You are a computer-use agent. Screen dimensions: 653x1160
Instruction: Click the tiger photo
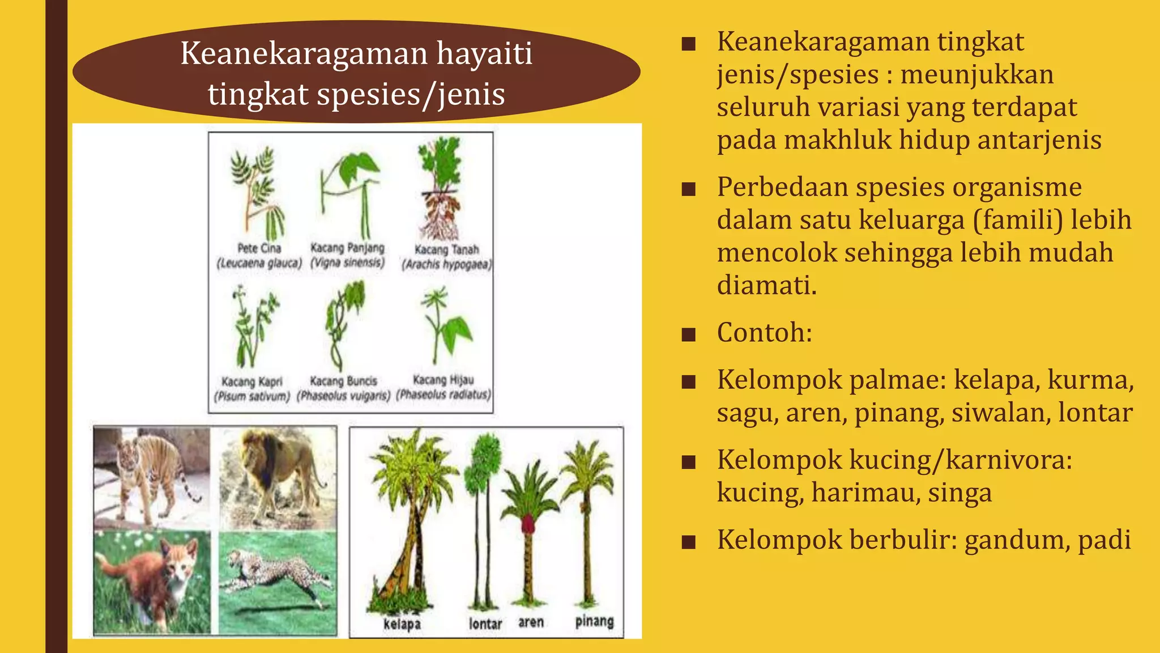[x=151, y=478]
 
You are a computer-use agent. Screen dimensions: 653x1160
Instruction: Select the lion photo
[x=278, y=478]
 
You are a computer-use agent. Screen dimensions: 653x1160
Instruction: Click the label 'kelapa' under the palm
[x=402, y=624]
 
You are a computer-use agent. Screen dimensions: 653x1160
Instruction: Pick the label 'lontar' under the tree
[x=485, y=624]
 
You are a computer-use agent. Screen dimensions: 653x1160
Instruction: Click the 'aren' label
[x=531, y=622]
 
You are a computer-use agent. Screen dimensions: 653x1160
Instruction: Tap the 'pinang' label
[x=594, y=621]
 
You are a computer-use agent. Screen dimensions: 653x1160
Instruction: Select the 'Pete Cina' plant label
[x=259, y=248]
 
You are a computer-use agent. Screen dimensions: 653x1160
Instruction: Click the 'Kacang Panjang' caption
[x=347, y=248]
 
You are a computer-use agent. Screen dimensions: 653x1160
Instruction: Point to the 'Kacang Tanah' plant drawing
[x=440, y=190]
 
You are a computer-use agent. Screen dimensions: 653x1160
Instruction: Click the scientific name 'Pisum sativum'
[x=252, y=396]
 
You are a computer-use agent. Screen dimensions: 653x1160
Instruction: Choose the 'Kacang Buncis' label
[x=343, y=381]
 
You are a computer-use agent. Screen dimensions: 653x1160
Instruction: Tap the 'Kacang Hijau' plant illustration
[x=446, y=326]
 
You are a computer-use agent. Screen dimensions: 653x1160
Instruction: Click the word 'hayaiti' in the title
[x=484, y=53]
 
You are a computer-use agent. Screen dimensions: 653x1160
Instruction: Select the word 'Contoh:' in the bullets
[x=764, y=333]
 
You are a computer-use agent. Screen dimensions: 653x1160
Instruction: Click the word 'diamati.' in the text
[x=766, y=285]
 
